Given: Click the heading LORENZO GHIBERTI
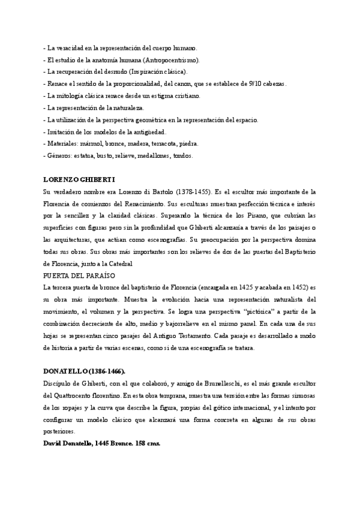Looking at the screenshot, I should pos(79,180).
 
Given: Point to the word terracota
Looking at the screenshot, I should pos(162,144).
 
